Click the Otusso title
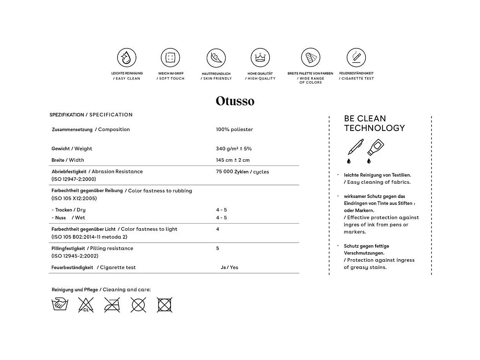point(235,101)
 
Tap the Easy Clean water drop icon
point(127,57)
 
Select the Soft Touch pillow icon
point(171,57)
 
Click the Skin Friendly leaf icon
point(216,58)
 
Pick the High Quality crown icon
point(261,57)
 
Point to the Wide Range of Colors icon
point(310,57)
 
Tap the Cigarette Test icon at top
point(356,57)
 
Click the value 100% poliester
point(235,130)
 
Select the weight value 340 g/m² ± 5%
point(234,149)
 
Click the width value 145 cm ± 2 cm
point(233,160)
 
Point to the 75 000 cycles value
point(243,172)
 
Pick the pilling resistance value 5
point(218,248)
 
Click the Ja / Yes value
point(229,267)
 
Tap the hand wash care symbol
point(60,304)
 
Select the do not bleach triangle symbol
point(86,304)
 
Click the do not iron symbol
point(112,304)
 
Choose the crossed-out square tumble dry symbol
point(164,304)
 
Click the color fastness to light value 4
point(218,229)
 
